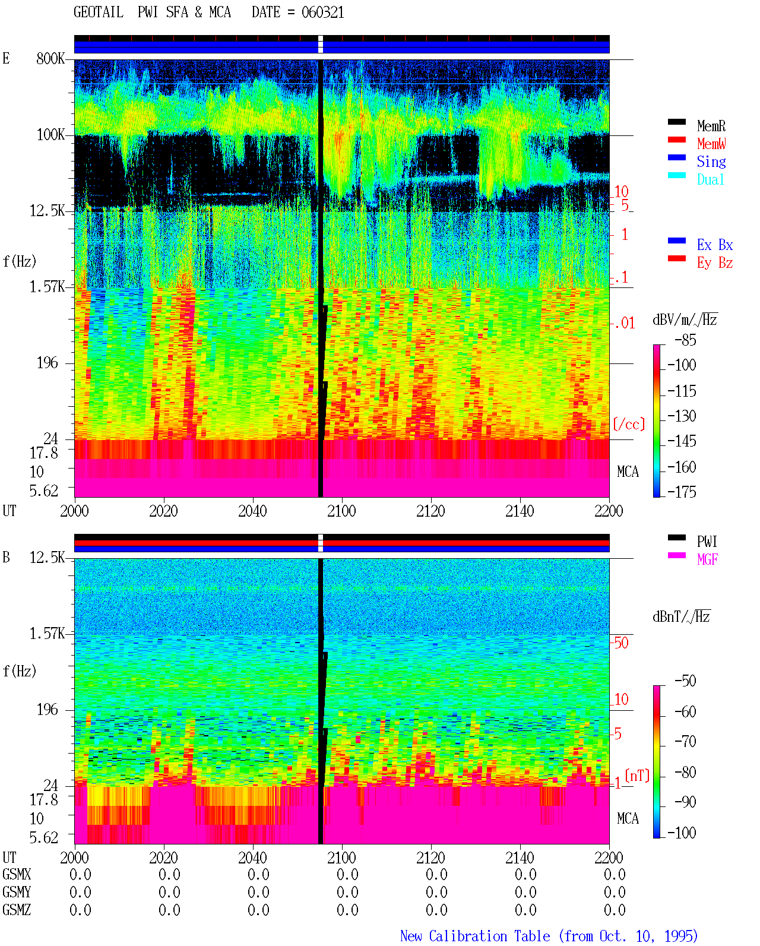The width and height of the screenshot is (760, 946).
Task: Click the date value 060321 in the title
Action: pos(322,12)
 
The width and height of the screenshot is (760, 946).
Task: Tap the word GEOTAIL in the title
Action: pos(99,12)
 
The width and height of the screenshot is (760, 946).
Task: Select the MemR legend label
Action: pos(711,126)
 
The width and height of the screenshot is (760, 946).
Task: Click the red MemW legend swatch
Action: pos(676,140)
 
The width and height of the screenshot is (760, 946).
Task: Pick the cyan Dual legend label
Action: pos(710,180)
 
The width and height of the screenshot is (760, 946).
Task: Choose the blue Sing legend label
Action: pos(711,162)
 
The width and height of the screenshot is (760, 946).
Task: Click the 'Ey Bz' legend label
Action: pos(714,263)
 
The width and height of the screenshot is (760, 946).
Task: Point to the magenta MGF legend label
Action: pos(707,559)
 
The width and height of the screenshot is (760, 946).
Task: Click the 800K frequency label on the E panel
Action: pos(50,58)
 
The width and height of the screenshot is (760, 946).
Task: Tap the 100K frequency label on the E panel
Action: pos(50,135)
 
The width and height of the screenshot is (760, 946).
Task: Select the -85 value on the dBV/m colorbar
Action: pos(685,340)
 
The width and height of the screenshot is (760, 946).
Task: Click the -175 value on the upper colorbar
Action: pos(682,492)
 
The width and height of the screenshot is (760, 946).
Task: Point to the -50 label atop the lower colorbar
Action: pos(685,681)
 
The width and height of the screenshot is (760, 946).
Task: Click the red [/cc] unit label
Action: pos(629,424)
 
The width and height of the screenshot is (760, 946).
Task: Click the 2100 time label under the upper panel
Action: pos(341,511)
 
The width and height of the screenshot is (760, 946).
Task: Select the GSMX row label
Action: pos(17,874)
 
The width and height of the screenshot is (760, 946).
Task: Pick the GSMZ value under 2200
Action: pos(615,910)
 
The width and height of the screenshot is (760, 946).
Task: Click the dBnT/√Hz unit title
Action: pos(681,617)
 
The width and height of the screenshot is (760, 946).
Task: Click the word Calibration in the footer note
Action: pos(489,936)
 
